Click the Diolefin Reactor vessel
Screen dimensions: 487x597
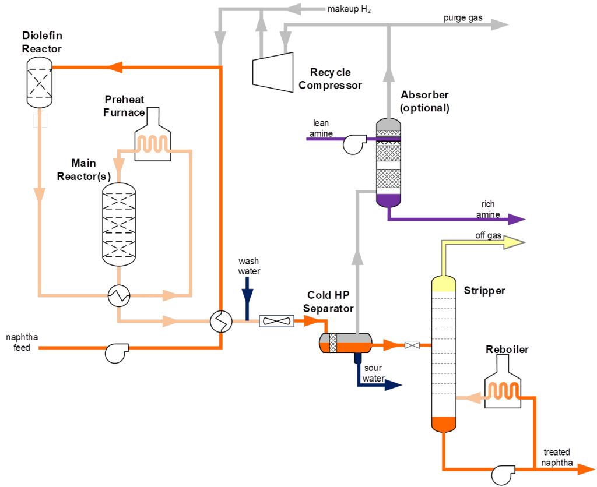click(x=40, y=84)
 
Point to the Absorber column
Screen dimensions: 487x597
click(x=389, y=163)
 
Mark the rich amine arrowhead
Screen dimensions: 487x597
click(x=518, y=219)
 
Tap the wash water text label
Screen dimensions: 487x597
click(x=248, y=266)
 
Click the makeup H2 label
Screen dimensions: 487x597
click(x=349, y=9)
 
